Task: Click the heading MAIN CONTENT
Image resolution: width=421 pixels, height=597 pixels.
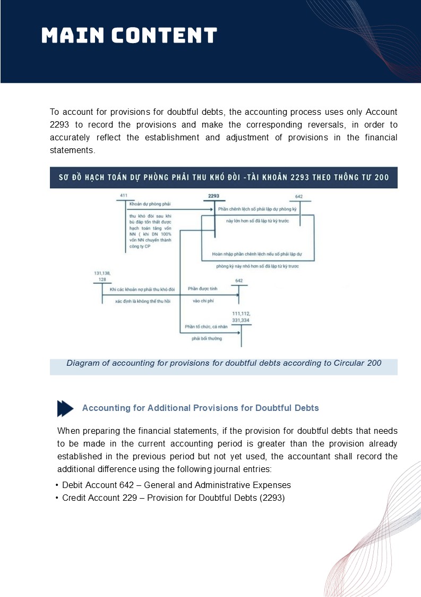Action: (x=130, y=36)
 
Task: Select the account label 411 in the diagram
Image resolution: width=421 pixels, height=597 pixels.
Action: (x=124, y=196)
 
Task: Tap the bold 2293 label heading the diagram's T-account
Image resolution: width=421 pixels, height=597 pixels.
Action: (x=213, y=196)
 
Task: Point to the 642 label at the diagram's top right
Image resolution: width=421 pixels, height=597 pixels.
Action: (x=299, y=197)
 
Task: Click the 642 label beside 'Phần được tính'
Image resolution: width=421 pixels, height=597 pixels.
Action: (x=239, y=280)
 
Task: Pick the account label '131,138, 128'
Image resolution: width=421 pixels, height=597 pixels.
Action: (x=102, y=276)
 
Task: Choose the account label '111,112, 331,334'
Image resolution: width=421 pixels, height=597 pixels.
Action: (x=242, y=317)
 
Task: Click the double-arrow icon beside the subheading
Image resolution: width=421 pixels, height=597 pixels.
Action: (x=65, y=408)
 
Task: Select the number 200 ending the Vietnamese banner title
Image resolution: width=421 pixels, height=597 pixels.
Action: (x=382, y=178)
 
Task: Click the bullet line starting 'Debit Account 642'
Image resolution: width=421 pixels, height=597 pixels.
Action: (x=176, y=485)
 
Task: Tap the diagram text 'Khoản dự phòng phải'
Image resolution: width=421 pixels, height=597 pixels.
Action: (x=150, y=204)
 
